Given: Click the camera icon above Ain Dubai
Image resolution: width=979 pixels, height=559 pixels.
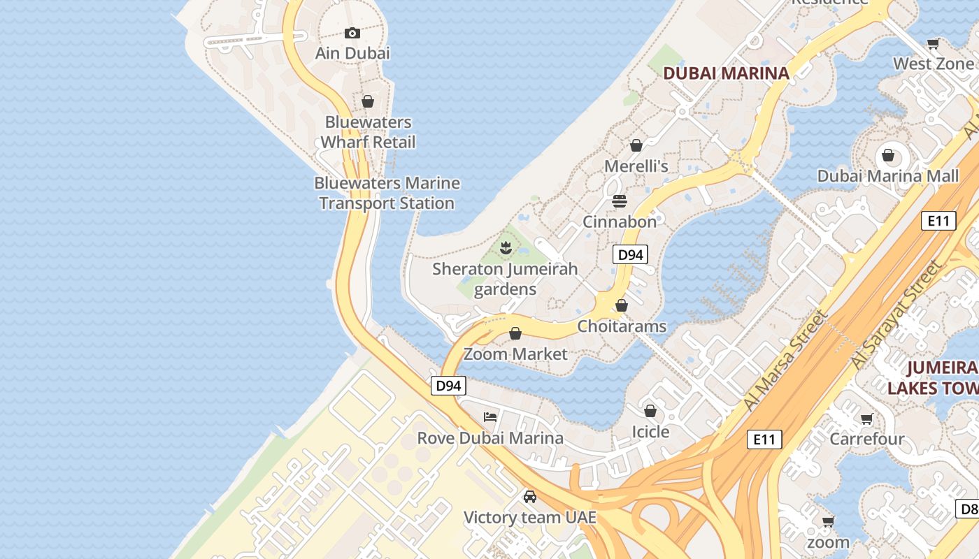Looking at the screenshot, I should pyautogui.click(x=352, y=33).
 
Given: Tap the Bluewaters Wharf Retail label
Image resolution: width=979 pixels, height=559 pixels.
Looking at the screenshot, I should pyautogui.click(x=368, y=132).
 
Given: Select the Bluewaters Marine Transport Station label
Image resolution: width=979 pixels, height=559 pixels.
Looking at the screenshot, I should pyautogui.click(x=387, y=194).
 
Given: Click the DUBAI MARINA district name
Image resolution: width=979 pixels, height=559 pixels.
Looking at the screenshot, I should pyautogui.click(x=726, y=73).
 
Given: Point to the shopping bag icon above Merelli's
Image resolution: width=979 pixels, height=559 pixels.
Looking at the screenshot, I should pyautogui.click(x=636, y=145).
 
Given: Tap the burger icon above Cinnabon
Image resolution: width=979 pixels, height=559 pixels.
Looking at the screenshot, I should pyautogui.click(x=620, y=201).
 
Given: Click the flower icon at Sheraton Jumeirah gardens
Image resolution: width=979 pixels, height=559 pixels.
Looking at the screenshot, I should pyautogui.click(x=505, y=247).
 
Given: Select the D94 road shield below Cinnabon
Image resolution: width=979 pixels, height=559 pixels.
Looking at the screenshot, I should pyautogui.click(x=631, y=255).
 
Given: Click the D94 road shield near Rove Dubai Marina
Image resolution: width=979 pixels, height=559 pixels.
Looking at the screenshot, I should pyautogui.click(x=448, y=386).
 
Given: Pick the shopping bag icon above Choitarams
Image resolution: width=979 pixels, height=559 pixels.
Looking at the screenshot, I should pyautogui.click(x=622, y=305).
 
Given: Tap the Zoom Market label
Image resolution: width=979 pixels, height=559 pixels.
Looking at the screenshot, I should pyautogui.click(x=516, y=354).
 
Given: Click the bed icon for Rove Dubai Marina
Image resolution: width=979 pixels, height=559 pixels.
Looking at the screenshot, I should pyautogui.click(x=490, y=417).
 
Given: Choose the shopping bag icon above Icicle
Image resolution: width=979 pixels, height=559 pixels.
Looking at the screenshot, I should pyautogui.click(x=650, y=411).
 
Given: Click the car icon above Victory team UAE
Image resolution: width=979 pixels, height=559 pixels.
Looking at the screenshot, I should pyautogui.click(x=530, y=497).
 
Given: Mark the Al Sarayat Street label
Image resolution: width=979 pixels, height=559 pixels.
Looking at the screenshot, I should pyautogui.click(x=896, y=316).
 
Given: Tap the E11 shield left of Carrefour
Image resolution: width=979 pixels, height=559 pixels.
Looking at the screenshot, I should pyautogui.click(x=764, y=440).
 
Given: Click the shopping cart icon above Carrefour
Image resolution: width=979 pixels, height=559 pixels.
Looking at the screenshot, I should pyautogui.click(x=867, y=419).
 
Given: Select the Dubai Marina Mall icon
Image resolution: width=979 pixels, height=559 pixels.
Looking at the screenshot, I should pyautogui.click(x=888, y=155).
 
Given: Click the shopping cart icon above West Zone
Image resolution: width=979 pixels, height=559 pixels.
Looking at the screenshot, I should pyautogui.click(x=933, y=43).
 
